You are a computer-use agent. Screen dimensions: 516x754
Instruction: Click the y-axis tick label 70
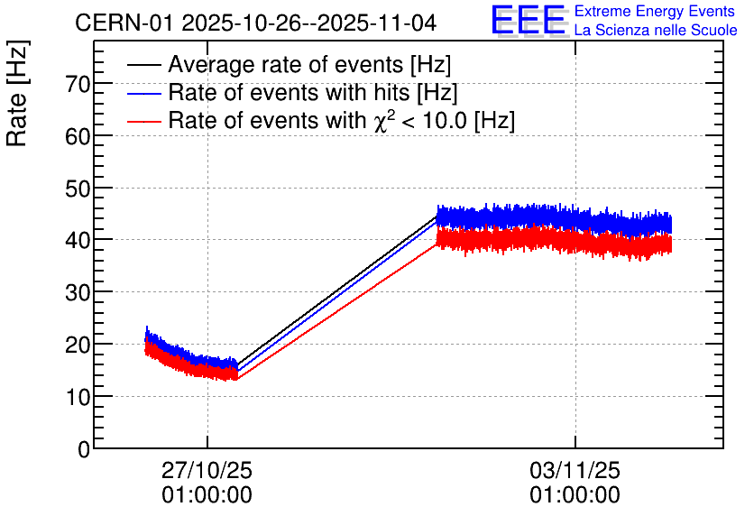[78, 84]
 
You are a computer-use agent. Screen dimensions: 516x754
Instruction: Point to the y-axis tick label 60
[78, 136]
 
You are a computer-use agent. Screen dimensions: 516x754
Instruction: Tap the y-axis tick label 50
[78, 189]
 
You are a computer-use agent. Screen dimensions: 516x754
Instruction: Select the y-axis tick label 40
[78, 240]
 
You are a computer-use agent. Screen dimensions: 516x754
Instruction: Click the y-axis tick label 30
[78, 292]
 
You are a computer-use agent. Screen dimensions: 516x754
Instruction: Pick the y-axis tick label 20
[78, 345]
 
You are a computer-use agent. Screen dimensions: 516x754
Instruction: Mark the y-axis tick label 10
[78, 396]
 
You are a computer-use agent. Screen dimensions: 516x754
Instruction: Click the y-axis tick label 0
[84, 448]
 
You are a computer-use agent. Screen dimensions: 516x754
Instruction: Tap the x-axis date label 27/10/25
[207, 471]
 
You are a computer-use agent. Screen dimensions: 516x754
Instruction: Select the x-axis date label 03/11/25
[575, 471]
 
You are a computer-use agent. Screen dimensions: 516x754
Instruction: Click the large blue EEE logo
[529, 20]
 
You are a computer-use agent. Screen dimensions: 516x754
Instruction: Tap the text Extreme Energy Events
[656, 12]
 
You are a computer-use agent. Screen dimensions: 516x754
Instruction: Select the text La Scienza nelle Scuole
[656, 31]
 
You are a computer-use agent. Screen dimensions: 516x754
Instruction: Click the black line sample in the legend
[144, 66]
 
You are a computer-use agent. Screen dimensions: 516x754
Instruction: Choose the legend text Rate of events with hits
[312, 93]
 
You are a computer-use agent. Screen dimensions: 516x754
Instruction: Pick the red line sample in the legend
[144, 120]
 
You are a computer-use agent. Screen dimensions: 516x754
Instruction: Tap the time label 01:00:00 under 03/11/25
[575, 495]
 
